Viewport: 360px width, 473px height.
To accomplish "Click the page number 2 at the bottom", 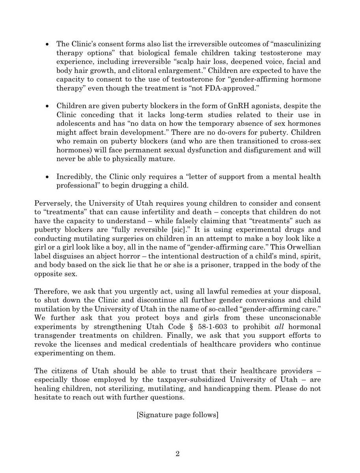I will (177, 454).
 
